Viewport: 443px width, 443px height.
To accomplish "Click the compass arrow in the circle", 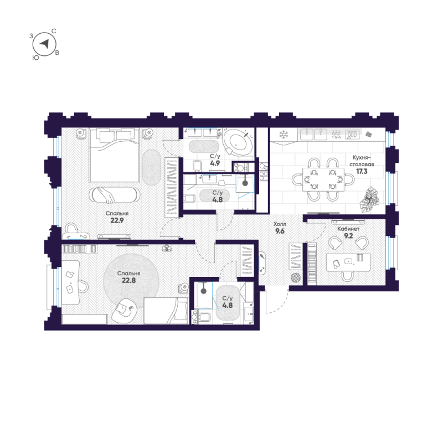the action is [45, 44].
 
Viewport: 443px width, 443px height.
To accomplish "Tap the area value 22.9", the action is [117, 220].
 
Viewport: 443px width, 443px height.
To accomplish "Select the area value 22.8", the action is [129, 280].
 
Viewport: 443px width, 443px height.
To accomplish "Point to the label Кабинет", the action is [348, 229].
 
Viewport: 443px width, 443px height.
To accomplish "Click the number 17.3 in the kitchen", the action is [362, 171].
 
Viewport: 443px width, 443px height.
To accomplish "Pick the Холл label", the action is [280, 224].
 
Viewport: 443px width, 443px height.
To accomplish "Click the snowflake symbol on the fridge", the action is [283, 135].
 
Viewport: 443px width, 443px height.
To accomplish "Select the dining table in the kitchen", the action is [323, 179].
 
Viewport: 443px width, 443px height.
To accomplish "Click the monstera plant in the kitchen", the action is [369, 200].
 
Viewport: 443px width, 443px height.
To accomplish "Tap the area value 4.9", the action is [215, 163].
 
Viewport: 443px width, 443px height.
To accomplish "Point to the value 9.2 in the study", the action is [349, 235].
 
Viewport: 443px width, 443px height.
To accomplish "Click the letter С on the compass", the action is [54, 31].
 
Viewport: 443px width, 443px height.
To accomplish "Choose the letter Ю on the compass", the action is [35, 58].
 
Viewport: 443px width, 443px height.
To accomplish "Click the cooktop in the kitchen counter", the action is [352, 134].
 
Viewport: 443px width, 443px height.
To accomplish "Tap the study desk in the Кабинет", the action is [348, 262].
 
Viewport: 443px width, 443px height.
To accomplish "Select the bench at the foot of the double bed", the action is [115, 195].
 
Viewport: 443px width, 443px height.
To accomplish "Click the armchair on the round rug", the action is [125, 311].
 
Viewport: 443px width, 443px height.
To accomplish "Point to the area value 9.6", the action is [280, 231].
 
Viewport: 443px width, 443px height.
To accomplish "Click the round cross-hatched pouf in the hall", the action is [296, 277].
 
